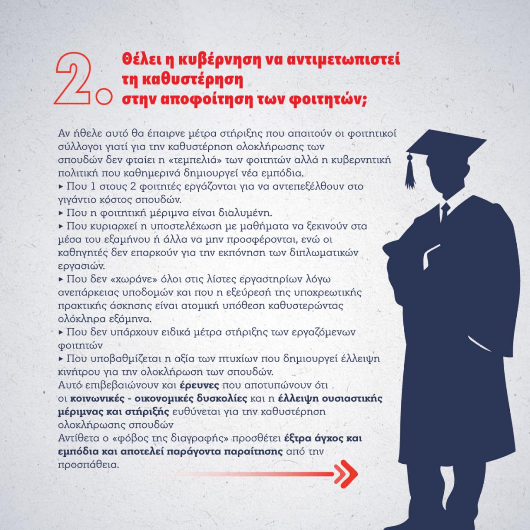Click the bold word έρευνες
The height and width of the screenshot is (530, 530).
[200, 385]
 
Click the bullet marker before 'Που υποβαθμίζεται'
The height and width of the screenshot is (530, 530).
[61, 359]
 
